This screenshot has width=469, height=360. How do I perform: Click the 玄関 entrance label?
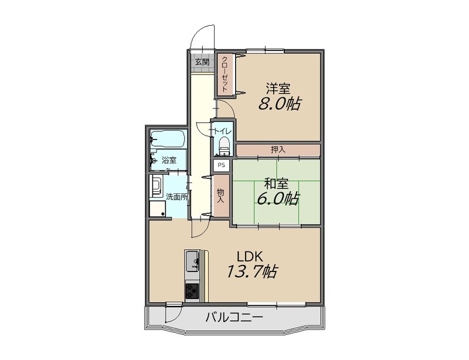click(x=202, y=62)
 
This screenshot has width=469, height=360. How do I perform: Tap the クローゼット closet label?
click(x=225, y=74)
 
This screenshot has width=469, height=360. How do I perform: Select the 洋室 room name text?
click(x=278, y=89)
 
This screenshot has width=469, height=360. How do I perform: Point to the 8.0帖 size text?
click(x=279, y=104)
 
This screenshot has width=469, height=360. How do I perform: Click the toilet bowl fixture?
click(x=224, y=145)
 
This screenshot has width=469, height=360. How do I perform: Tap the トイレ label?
click(x=222, y=131)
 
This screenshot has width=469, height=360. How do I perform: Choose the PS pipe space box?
click(x=222, y=165)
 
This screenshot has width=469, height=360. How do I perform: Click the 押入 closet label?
click(x=278, y=150)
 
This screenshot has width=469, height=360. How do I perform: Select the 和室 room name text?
click(x=277, y=184)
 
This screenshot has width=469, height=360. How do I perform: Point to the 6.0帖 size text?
click(x=277, y=199)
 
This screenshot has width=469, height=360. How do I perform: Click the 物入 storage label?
click(x=220, y=195)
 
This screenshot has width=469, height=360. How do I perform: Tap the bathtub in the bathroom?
click(x=168, y=138)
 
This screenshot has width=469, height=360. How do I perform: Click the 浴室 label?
click(x=169, y=160)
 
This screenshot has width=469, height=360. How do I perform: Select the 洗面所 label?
click(x=177, y=197)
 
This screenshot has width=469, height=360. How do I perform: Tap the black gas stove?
click(x=192, y=290)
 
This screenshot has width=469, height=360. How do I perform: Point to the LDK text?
click(x=250, y=256)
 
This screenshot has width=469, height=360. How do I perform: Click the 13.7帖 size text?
click(x=252, y=271)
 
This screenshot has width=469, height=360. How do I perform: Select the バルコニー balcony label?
click(x=234, y=317)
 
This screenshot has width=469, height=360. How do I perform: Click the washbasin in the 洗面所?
click(x=157, y=185)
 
